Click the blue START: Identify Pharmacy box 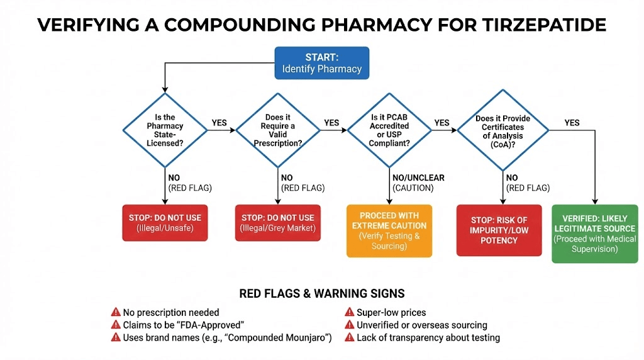pyautogui.click(x=321, y=62)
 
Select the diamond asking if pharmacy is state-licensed pyautogui.click(x=165, y=130)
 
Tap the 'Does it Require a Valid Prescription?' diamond pyautogui.click(x=278, y=130)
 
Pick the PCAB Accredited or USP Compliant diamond pyautogui.click(x=390, y=130)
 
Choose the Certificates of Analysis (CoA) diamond pyautogui.click(x=502, y=130)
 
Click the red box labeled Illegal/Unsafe pyautogui.click(x=165, y=223)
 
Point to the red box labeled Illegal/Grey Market pyautogui.click(x=278, y=223)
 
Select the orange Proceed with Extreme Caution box pyautogui.click(x=389, y=230)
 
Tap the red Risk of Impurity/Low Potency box pyautogui.click(x=499, y=230)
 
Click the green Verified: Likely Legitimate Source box pyautogui.click(x=595, y=233)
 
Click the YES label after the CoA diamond pyautogui.click(x=572, y=123)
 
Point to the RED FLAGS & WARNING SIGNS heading pyautogui.click(x=322, y=294)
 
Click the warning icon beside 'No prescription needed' pyautogui.click(x=115, y=312)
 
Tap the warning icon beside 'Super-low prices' pyautogui.click(x=348, y=312)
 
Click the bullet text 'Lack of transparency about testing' pyautogui.click(x=428, y=338)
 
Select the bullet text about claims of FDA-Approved pyautogui.click(x=183, y=325)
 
